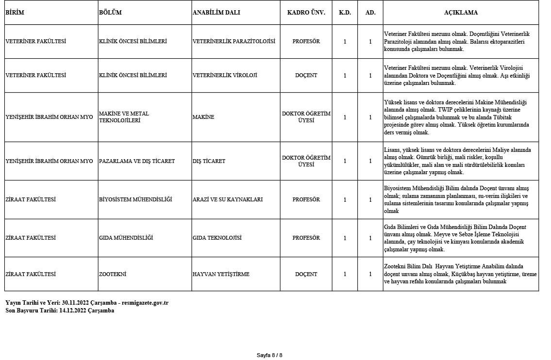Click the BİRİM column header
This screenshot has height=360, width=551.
15,13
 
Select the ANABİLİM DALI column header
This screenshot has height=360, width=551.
216,13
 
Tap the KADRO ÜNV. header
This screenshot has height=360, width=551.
306,13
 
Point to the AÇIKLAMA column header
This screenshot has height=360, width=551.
460,13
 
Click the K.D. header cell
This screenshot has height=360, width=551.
345,13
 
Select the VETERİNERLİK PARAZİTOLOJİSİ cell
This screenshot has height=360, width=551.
234,42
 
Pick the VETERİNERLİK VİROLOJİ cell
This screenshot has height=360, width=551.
225,76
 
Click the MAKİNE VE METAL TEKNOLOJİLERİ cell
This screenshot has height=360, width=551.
124,117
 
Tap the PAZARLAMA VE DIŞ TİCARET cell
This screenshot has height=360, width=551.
136,161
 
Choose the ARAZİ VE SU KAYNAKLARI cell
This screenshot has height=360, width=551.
227,199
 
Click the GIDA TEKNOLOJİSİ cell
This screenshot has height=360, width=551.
217,238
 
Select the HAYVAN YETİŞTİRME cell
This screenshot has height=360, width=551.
221,274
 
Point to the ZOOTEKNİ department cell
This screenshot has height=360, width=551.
112,274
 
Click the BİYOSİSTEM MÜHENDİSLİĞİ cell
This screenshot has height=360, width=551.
135,199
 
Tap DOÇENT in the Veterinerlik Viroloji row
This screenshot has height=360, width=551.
306,76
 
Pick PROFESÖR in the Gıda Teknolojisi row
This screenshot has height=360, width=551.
306,238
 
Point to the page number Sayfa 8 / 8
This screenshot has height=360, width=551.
269,355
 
